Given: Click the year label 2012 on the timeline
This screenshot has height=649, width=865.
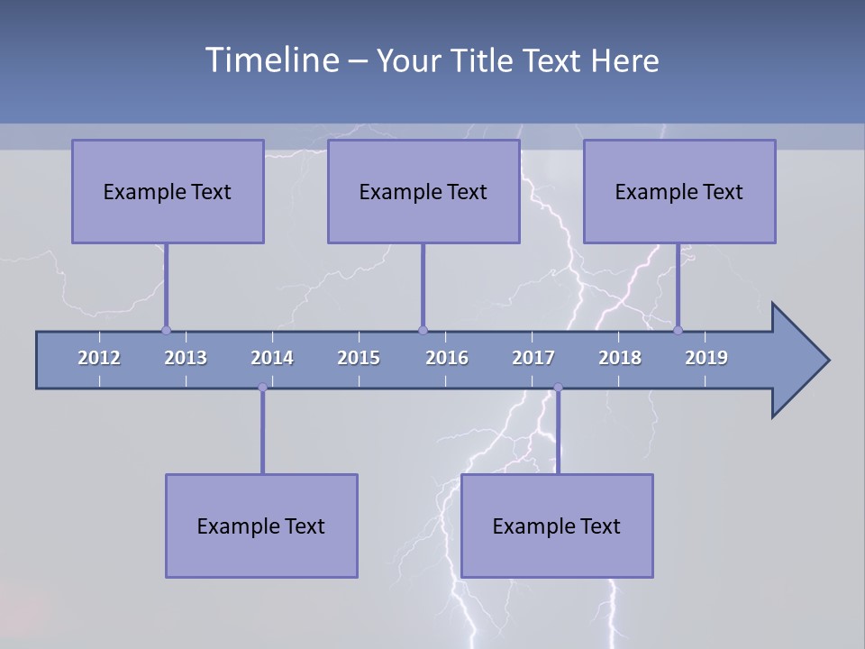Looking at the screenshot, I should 99,358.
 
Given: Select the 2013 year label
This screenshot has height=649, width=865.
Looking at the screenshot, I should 186,358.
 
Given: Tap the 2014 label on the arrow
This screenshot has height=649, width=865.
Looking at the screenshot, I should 272,358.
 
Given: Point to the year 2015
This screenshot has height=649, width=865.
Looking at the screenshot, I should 359,358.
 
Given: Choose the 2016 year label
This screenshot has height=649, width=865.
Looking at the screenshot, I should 447,358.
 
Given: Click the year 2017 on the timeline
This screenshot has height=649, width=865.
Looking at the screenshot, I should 533,358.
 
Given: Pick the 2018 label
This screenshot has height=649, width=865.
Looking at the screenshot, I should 620,358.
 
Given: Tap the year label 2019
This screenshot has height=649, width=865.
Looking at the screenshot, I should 706,358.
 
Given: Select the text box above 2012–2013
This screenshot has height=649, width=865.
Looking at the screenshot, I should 168,191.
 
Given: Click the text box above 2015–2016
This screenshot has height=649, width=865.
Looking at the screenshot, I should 423,191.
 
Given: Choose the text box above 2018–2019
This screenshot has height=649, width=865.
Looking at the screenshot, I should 679,191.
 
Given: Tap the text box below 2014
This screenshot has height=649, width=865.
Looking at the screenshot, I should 261,526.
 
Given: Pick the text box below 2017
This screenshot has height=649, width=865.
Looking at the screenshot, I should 557,526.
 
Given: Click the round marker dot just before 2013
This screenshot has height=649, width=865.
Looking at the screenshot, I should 166,330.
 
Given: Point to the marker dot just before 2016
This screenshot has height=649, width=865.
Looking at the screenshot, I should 423,330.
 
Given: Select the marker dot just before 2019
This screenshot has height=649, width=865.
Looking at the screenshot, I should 678,330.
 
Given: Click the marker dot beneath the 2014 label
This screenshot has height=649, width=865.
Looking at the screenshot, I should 262,388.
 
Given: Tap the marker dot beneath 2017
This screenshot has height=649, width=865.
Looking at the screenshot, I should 558,388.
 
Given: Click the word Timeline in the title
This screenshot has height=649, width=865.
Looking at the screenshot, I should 270,60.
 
